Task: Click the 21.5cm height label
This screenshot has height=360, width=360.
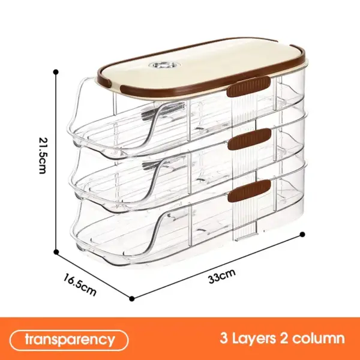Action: click(x=43, y=155)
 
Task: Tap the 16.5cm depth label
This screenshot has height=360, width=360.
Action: click(x=80, y=284)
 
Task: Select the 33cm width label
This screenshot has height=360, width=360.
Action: click(x=222, y=276)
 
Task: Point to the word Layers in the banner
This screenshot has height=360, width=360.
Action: click(x=254, y=338)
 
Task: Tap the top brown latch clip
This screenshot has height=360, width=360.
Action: click(x=248, y=87)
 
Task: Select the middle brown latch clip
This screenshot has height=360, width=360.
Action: click(x=250, y=139)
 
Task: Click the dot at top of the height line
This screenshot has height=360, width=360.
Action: click(x=56, y=72)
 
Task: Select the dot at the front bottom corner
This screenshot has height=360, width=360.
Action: click(x=132, y=298)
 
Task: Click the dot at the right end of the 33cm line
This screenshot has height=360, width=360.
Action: click(x=302, y=235)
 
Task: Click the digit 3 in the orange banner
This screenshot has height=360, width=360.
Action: click(x=224, y=338)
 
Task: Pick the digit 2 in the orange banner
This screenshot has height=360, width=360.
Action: click(x=284, y=338)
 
